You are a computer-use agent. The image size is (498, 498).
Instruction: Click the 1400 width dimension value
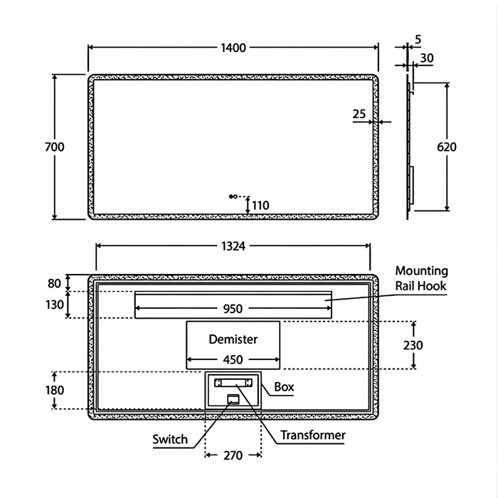tap(233, 48)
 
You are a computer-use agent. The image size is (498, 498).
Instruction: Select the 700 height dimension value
tap(54, 147)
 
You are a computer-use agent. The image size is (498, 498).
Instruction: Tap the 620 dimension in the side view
tap(447, 147)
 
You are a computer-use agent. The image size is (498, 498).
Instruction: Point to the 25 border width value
tap(359, 114)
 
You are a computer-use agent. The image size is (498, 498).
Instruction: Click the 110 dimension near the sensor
tap(260, 206)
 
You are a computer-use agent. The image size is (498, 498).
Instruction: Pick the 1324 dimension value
tap(233, 246)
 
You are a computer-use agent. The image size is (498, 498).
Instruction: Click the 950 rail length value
tap(233, 309)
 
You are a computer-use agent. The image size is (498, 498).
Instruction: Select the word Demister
tap(233, 339)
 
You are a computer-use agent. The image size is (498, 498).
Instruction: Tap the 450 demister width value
tap(233, 359)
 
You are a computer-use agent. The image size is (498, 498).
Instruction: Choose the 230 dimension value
tap(413, 345)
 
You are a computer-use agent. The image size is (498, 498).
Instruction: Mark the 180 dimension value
tap(55, 390)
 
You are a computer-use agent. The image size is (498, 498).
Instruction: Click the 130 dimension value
tap(55, 304)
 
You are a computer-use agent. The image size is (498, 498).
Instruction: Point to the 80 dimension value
tap(55, 283)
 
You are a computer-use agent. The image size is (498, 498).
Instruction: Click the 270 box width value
tap(233, 455)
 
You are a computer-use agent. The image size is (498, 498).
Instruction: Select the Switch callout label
tap(170, 439)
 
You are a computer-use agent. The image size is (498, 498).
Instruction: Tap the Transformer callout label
tap(313, 435)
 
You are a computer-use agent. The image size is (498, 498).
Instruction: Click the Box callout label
tap(284, 387)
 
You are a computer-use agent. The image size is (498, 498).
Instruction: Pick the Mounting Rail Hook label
tap(421, 278)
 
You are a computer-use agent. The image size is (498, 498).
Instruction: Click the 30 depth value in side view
tap(427, 58)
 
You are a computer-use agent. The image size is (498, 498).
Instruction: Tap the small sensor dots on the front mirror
tap(232, 196)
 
